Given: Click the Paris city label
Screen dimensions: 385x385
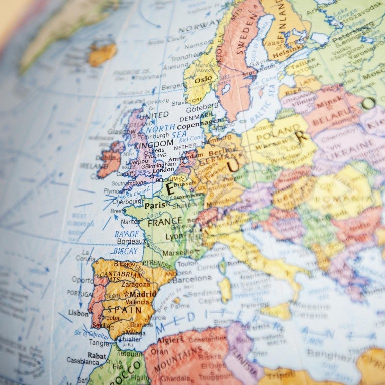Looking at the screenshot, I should [x=155, y=205].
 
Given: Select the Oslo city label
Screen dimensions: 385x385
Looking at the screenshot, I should [x=203, y=80].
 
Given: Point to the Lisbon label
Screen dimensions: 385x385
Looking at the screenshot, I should [x=78, y=313].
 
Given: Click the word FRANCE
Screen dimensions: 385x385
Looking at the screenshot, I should [x=165, y=221].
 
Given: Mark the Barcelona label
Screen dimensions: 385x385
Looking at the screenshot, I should [x=192, y=279].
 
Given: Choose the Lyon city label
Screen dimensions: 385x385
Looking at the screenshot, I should [x=174, y=237].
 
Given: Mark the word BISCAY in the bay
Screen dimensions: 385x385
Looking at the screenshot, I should [x=125, y=251].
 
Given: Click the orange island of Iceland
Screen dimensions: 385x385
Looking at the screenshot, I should [x=102, y=53].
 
